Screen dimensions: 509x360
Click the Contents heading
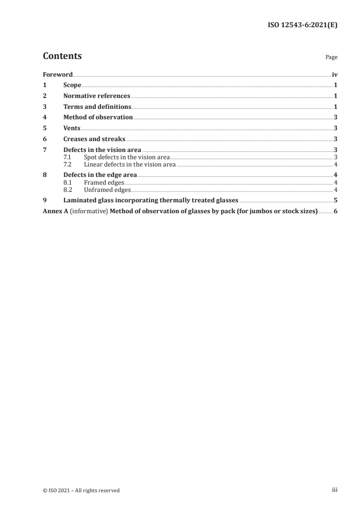[62, 56]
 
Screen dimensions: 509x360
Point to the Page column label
[331, 58]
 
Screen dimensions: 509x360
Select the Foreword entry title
[58, 74]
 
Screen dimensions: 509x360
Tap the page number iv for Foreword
[334, 74]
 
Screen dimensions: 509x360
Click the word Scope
[72, 85]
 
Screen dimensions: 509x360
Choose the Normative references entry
[97, 96]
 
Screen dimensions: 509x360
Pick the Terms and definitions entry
[97, 107]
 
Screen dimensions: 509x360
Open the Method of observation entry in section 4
[98, 117]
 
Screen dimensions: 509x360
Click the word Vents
[72, 128]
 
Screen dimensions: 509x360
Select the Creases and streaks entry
[94, 139]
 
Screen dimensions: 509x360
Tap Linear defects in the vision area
[129, 164]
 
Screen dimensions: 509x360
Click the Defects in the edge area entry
[100, 175]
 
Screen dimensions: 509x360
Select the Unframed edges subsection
[107, 190]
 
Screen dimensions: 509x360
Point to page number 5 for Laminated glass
[335, 200]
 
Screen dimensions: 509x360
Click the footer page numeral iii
[335, 490]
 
